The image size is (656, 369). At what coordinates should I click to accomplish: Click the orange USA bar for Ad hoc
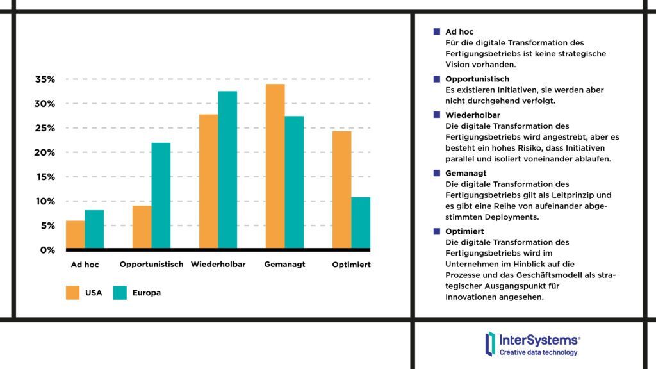click(x=75, y=234)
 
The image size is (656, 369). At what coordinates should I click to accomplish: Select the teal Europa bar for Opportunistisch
click(x=161, y=195)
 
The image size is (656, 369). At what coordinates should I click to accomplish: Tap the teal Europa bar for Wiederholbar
click(x=227, y=170)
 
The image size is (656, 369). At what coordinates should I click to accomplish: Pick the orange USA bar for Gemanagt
click(x=275, y=166)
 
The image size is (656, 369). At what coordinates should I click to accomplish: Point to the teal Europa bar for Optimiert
click(x=361, y=223)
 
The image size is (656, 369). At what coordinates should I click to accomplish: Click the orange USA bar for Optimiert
click(x=341, y=190)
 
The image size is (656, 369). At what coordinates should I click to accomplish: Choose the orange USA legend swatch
click(x=72, y=293)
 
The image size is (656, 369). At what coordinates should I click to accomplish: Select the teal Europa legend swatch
click(x=120, y=293)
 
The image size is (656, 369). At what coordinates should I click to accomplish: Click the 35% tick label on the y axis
click(x=45, y=79)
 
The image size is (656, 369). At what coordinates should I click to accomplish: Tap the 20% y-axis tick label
click(x=45, y=152)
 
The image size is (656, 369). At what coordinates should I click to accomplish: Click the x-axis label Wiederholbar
click(x=218, y=265)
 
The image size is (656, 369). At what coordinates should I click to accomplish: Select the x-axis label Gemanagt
click(x=284, y=265)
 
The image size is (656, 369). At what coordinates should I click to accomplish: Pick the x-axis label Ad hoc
click(x=85, y=265)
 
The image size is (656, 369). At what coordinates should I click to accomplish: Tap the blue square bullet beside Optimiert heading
click(x=437, y=231)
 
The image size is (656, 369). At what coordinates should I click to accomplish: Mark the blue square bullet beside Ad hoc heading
click(x=437, y=31)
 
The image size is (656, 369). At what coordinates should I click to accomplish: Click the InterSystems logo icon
click(x=490, y=343)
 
